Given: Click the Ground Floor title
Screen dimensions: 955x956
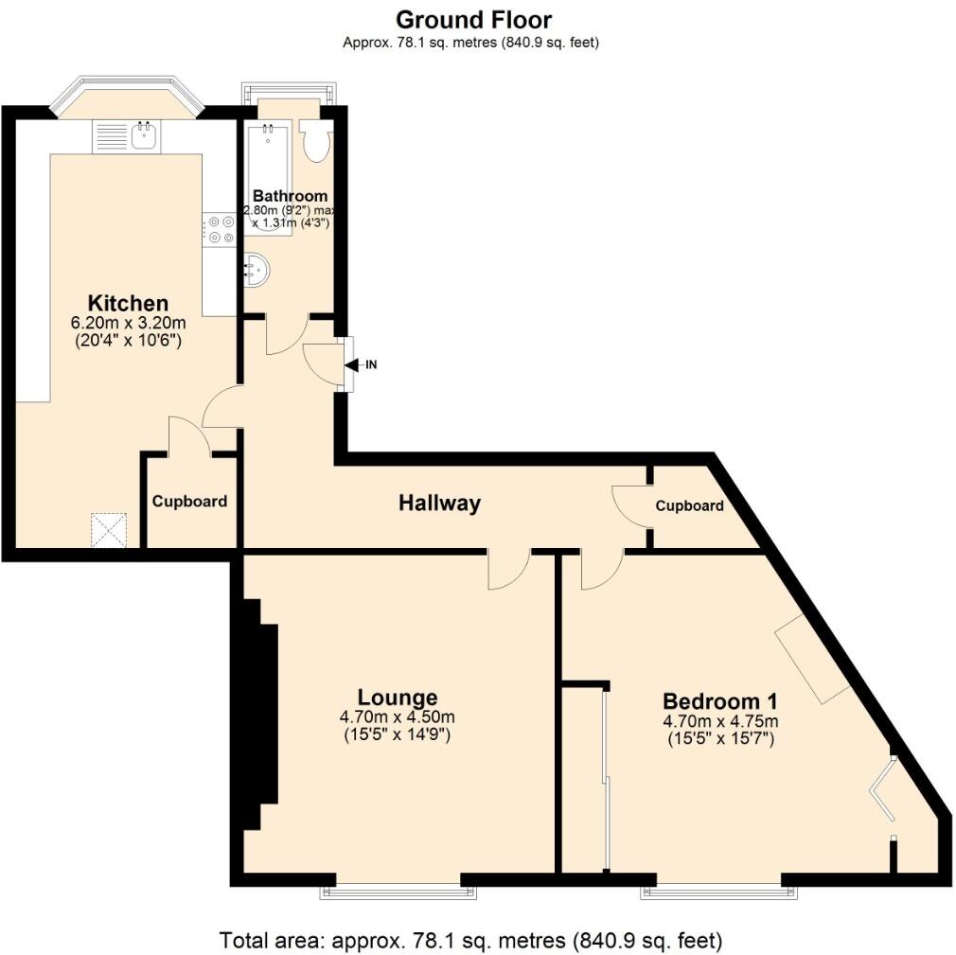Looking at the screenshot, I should [473, 19].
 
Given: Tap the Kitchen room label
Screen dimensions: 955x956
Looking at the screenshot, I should [128, 304].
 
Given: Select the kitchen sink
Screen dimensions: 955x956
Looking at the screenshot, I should [145, 138].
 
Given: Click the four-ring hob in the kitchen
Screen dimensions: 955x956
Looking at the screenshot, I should [220, 230].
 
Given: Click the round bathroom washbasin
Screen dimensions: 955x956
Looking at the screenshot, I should [257, 271].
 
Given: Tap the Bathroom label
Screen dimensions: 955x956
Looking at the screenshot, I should [290, 196].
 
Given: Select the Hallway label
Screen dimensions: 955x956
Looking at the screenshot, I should [439, 504].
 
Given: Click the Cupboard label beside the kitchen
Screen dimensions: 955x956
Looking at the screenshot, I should [189, 502].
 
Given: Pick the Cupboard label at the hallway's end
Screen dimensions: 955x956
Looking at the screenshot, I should [690, 505].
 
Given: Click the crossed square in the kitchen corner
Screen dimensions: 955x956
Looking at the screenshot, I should [109, 529].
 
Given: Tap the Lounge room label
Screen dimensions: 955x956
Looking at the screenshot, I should [398, 699].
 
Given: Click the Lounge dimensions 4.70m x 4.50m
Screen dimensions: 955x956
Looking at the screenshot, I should [398, 717].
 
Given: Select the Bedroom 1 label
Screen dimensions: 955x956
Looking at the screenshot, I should [719, 701].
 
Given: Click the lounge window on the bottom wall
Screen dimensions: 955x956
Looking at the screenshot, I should [398, 888].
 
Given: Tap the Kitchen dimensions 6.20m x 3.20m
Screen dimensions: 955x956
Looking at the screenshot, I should [128, 323].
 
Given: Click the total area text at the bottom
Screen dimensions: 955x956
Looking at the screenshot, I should [470, 941].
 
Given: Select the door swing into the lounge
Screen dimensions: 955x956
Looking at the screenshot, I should [508, 570].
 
